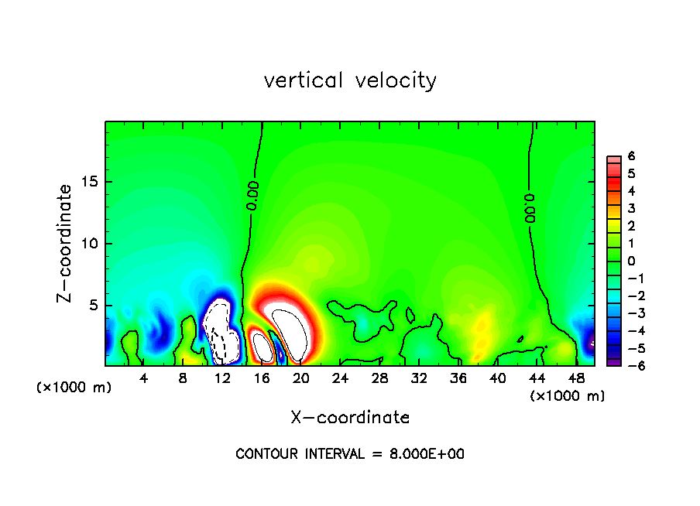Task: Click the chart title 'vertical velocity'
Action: click(350, 80)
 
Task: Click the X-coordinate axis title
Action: click(350, 418)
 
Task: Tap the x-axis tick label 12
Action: click(222, 378)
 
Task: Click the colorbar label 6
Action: click(631, 156)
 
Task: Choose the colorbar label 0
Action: click(631, 260)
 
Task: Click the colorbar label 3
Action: click(631, 208)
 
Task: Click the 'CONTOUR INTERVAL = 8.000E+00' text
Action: click(350, 454)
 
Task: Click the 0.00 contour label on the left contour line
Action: click(252, 196)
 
